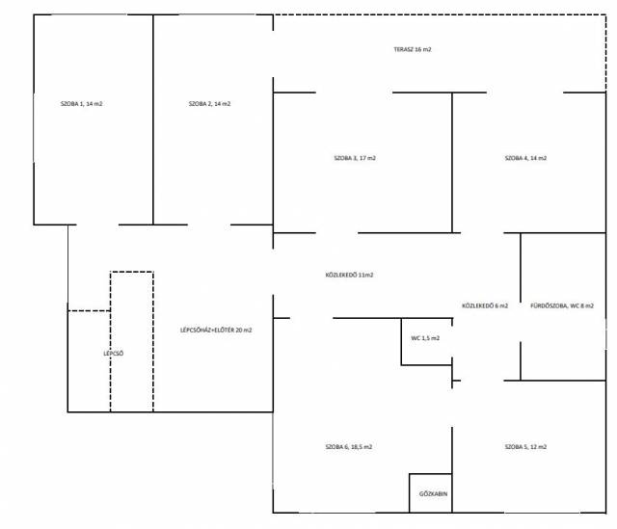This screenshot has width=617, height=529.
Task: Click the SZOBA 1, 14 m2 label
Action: tap(81, 104)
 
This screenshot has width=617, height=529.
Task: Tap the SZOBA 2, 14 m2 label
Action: tap(210, 104)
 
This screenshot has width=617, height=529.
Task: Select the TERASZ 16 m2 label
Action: tap(413, 49)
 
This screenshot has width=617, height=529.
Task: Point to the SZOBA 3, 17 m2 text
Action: tap(355, 158)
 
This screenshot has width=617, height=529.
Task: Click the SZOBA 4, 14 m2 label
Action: tap(526, 158)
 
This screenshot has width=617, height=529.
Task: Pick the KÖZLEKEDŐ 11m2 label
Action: tap(349, 275)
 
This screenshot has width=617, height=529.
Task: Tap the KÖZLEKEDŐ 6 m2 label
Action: tap(485, 305)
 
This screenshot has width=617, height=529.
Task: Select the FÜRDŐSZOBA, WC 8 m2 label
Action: tap(562, 305)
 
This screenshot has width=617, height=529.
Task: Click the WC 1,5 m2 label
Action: tap(425, 338)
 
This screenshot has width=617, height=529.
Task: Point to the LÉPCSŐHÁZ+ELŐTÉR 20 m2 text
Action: tap(216, 330)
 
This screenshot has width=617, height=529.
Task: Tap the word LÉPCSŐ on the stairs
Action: tap(114, 354)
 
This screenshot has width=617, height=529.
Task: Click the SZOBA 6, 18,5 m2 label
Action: tap(349, 447)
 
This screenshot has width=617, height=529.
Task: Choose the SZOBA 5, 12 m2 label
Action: tap(526, 447)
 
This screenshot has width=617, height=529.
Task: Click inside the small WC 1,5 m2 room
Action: tap(426, 350)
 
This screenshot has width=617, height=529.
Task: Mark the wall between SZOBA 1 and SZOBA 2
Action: tap(153, 119)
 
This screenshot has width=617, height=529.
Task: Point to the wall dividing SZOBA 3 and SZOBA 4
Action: tap(452, 163)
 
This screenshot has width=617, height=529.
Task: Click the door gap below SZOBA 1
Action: tap(97, 225)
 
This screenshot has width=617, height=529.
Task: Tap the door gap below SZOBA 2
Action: tap(209, 225)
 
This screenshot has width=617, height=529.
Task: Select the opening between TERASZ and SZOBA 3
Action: tap(354, 93)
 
